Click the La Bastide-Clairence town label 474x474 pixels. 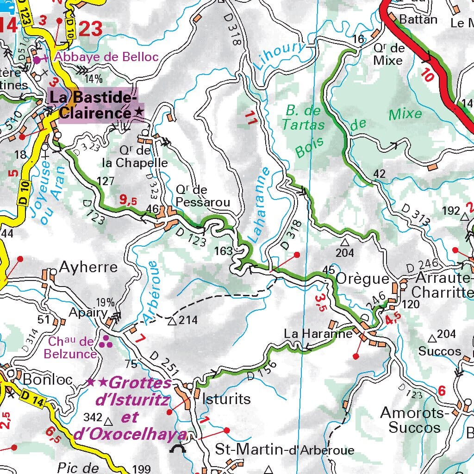point(95,105)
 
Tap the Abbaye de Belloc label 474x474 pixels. point(106,57)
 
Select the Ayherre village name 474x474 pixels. point(88,268)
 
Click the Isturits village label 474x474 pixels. point(227,399)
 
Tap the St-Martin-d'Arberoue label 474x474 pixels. point(285,450)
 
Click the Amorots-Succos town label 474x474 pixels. point(414,419)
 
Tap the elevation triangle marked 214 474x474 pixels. point(172,321)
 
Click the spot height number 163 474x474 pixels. point(223,251)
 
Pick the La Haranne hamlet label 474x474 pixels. point(318,333)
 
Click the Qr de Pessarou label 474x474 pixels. point(203,196)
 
